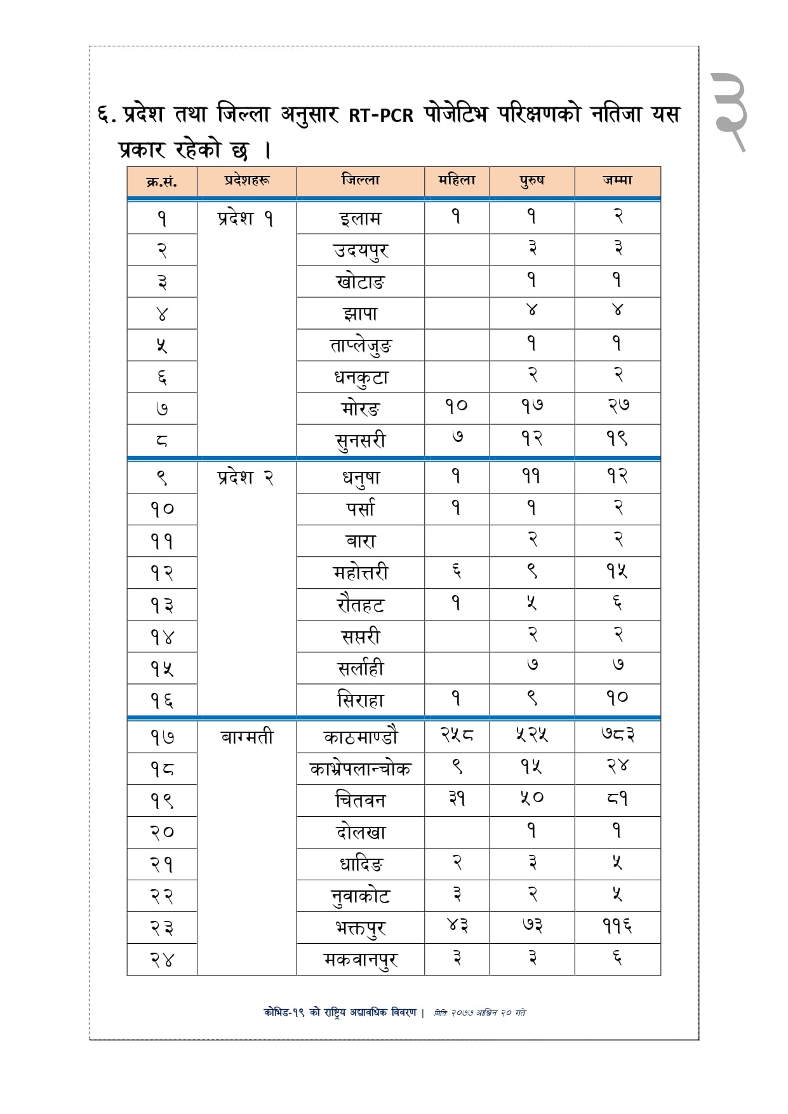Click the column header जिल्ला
360,180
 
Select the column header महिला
457,180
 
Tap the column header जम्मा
617,180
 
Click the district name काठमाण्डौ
360,737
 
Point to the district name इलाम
360,218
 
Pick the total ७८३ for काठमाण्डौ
617,735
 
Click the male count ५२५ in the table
531,735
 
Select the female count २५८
457,735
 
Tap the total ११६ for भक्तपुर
617,926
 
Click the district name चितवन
360,800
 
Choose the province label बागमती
246,737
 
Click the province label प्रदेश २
245,478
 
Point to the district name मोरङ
360,408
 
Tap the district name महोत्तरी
360,573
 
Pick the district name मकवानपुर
360,960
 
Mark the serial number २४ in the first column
162,960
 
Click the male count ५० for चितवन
531,799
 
